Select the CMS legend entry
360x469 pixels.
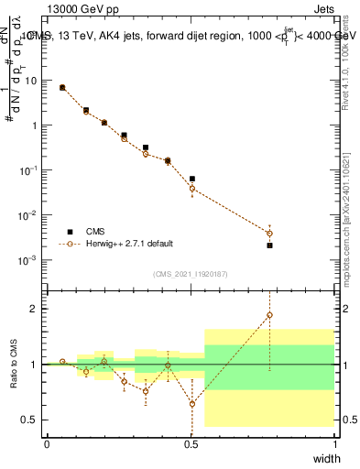[94, 233]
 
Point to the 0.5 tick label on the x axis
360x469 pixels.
[191, 443]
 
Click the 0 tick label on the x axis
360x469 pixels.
[47, 443]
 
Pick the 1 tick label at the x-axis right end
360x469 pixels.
[334, 443]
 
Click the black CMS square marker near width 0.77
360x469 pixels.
[269, 245]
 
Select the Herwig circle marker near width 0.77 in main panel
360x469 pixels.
[269, 233]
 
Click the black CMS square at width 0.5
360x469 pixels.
[191, 179]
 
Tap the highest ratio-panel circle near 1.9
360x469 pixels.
[269, 315]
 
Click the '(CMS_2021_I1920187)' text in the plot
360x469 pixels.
[191, 273]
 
